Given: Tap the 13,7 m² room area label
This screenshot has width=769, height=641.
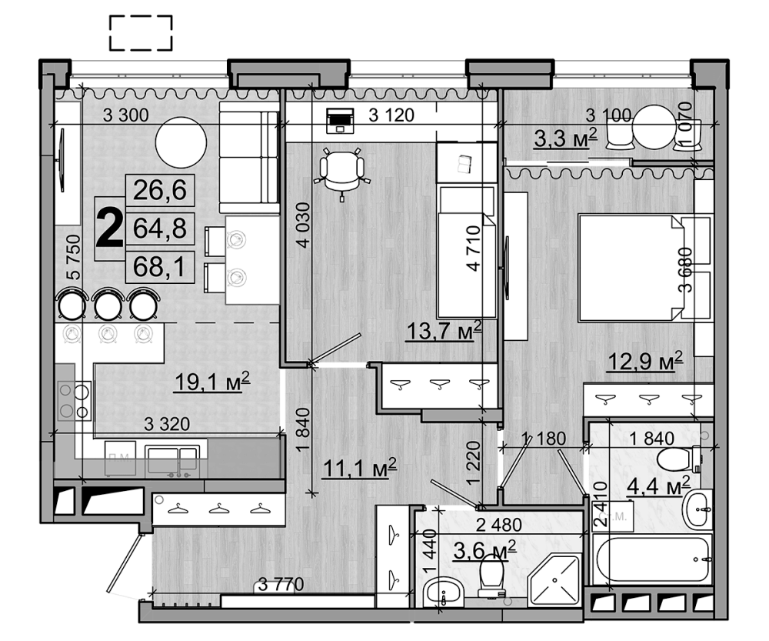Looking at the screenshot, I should pyautogui.click(x=444, y=331).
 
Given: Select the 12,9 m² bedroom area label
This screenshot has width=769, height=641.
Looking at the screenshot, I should pyautogui.click(x=645, y=360).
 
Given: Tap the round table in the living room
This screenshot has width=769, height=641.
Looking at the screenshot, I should pyautogui.click(x=181, y=142).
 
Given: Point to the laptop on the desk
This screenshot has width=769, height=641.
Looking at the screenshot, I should pyautogui.click(x=338, y=120).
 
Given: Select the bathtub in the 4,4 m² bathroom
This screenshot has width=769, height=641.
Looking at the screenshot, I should pyautogui.click(x=652, y=559).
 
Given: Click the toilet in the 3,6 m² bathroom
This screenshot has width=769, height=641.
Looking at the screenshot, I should pyautogui.click(x=491, y=576).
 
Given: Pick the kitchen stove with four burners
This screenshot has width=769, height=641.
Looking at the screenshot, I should pyautogui.click(x=75, y=401).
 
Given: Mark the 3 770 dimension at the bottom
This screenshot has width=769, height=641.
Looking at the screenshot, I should pyautogui.click(x=281, y=586).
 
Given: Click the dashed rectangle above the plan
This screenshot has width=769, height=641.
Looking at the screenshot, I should pyautogui.click(x=141, y=33).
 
